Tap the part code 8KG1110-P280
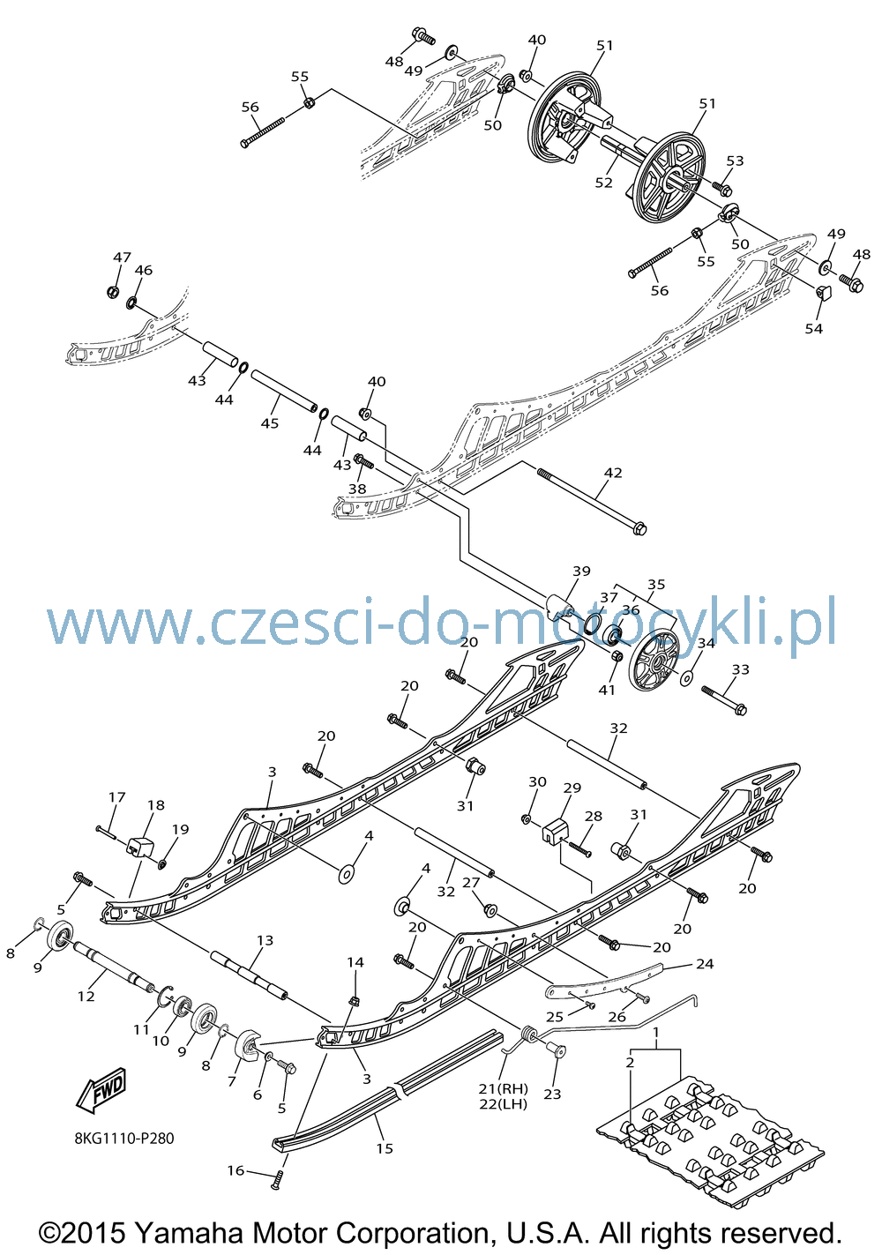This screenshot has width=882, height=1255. click(x=124, y=1139)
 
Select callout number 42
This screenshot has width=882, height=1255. click(x=613, y=473)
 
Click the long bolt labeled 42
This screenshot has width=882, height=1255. click(x=592, y=501)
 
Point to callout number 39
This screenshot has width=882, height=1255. click(x=581, y=571)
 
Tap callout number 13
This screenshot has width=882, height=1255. click(x=265, y=939)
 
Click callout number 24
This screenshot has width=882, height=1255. click(x=705, y=963)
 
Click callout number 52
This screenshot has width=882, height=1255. click(x=603, y=183)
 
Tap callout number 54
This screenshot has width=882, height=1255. click(x=813, y=328)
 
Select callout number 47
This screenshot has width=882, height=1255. click(x=122, y=258)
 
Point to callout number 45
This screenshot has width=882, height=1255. click(x=270, y=423)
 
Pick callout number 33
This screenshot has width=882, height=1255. click(x=740, y=669)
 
